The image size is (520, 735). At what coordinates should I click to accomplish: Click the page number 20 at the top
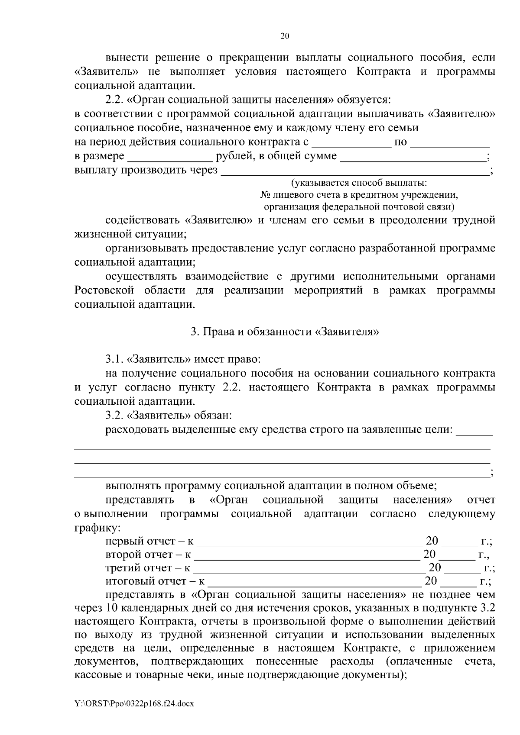tap(285, 36)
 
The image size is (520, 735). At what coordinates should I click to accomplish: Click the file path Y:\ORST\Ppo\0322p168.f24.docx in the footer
tap(134, 704)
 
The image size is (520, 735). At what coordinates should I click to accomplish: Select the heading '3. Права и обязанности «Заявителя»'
tap(285, 332)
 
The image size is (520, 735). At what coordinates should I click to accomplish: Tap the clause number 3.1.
tap(115, 360)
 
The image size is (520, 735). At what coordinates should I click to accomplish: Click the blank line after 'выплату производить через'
tap(355, 171)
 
